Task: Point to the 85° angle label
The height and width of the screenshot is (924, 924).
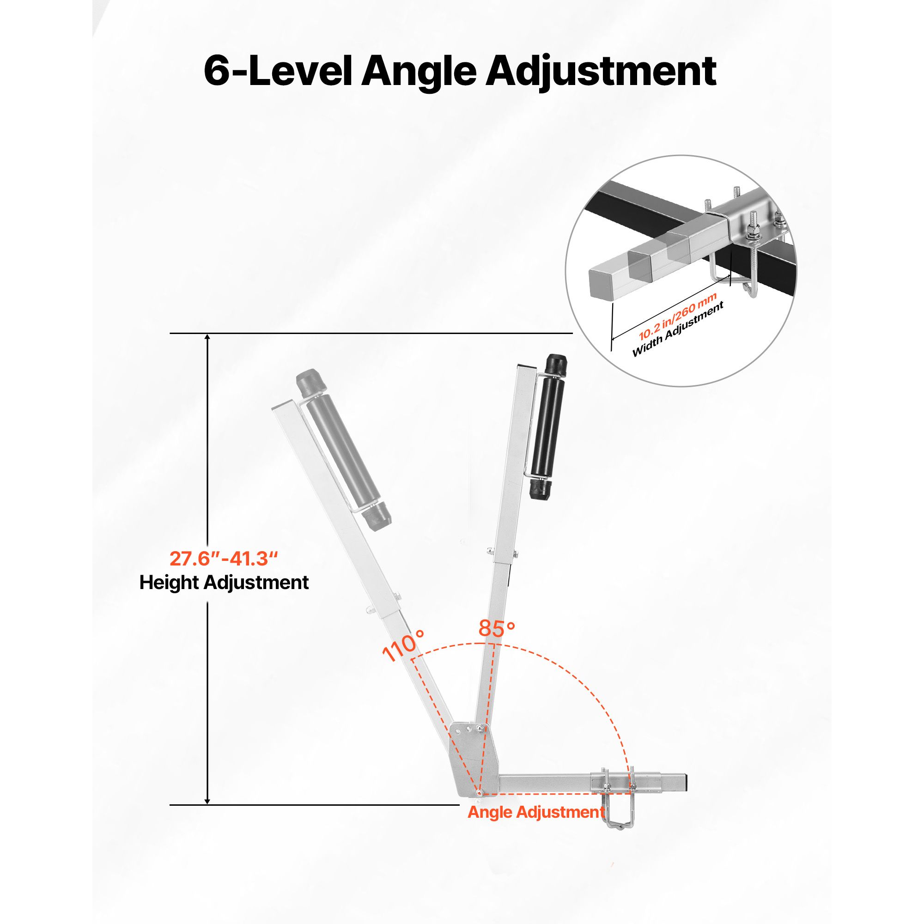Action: (x=497, y=629)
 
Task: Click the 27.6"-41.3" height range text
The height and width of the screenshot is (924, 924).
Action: (x=224, y=558)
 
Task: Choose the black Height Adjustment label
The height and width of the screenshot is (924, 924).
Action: (x=224, y=583)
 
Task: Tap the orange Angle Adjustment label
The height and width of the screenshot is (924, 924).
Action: (x=536, y=812)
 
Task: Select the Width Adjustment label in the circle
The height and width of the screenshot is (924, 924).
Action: (x=678, y=330)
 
